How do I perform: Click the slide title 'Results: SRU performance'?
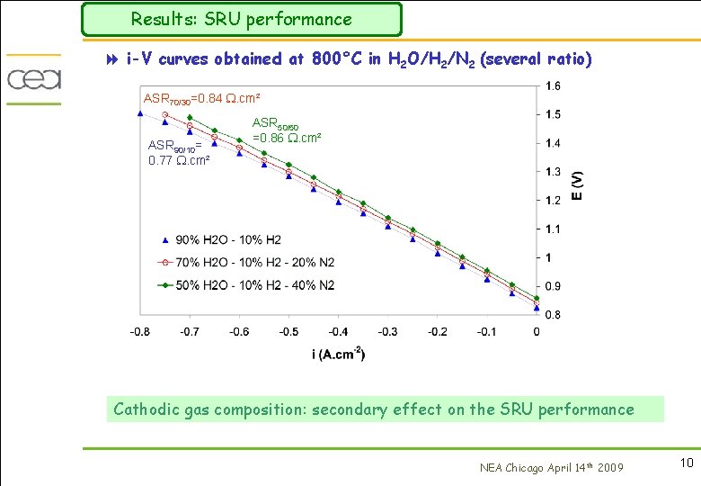[x=241, y=19]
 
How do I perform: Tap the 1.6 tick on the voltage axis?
[x=554, y=85]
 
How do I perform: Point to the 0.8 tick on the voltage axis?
[x=554, y=315]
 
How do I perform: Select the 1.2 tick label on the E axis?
[x=554, y=201]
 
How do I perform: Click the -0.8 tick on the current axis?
[x=140, y=332]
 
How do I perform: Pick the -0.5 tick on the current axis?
[x=288, y=332]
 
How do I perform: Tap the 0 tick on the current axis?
[x=537, y=332]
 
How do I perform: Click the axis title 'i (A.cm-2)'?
[x=339, y=355]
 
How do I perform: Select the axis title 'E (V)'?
[x=577, y=185]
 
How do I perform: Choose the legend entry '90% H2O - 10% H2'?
[x=227, y=239]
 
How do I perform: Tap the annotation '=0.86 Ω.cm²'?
[x=288, y=138]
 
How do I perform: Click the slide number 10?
[x=687, y=463]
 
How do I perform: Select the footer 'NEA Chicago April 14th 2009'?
[x=551, y=466]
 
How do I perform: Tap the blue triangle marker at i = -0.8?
[x=140, y=112]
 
